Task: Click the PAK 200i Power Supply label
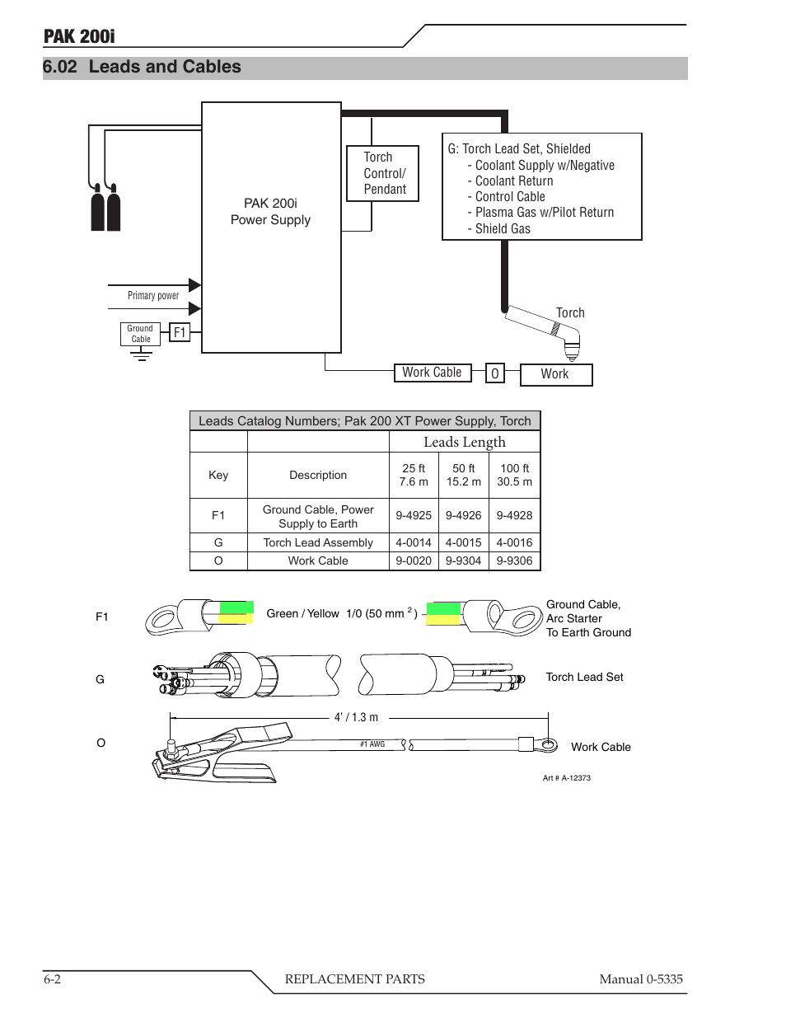click(x=270, y=212)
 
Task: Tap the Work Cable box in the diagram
click(x=432, y=373)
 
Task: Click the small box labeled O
click(x=494, y=373)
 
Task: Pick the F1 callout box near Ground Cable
click(x=180, y=332)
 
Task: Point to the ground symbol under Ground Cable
click(x=141, y=354)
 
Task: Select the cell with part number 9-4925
click(x=414, y=515)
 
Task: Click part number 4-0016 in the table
click(x=514, y=542)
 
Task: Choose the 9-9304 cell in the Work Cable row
click(x=464, y=561)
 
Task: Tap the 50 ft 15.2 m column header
click(x=464, y=475)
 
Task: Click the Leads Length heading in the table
click(x=464, y=442)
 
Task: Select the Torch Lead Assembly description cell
click(x=318, y=542)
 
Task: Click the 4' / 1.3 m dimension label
click(x=356, y=717)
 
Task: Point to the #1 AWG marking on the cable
click(x=372, y=744)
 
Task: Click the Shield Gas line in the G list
click(x=503, y=228)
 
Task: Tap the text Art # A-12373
click(x=567, y=778)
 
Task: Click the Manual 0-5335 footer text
click(x=640, y=978)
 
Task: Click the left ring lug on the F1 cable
click(x=164, y=617)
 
